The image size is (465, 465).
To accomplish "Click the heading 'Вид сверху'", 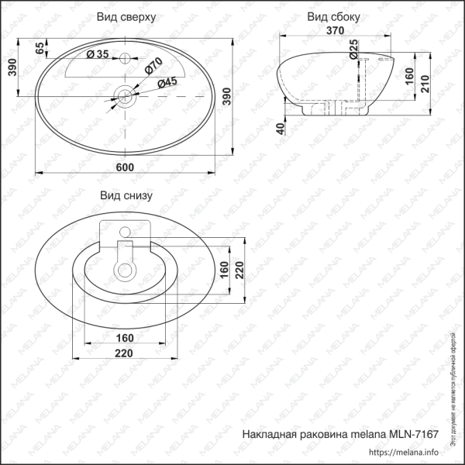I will [x=128, y=16].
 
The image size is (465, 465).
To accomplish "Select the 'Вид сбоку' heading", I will [x=333, y=16].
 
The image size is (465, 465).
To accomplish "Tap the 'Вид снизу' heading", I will [x=124, y=195].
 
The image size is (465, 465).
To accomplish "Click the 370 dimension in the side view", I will [x=334, y=31].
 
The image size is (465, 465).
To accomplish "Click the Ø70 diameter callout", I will [x=153, y=67].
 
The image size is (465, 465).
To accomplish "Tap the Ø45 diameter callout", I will [x=167, y=82].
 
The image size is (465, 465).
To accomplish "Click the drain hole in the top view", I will [x=124, y=96].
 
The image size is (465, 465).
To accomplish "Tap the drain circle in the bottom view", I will [x=124, y=270].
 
